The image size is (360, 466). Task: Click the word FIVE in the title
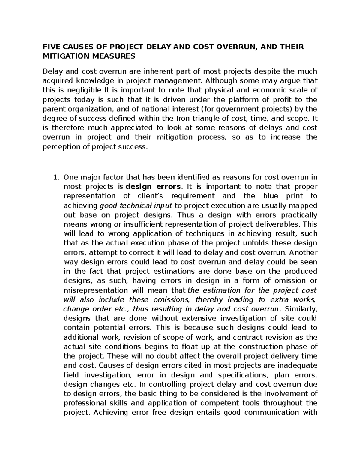(x=50, y=47)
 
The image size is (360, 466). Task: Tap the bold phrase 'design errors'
(x=153, y=187)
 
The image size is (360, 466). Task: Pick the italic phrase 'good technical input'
(x=135, y=206)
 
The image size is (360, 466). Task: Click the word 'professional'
(x=82, y=403)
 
